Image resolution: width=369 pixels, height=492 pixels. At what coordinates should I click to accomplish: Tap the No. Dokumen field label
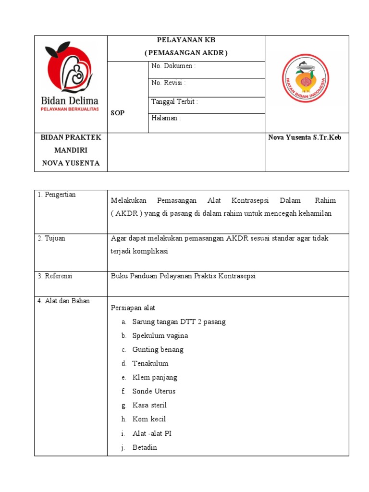pyautogui.click(x=173, y=66)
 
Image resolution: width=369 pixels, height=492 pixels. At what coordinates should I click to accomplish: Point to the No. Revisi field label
pyautogui.click(x=169, y=83)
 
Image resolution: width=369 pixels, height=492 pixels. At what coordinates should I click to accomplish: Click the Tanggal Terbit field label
pyautogui.click(x=174, y=102)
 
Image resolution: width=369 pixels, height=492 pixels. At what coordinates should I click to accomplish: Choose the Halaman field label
pyautogui.click(x=166, y=118)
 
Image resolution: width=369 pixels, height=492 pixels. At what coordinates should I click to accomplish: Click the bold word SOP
pyautogui.click(x=118, y=113)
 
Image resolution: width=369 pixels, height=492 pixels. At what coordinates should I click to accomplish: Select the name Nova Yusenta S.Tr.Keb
pyautogui.click(x=305, y=138)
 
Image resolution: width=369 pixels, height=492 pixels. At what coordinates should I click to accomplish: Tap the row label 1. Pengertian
pyautogui.click(x=57, y=195)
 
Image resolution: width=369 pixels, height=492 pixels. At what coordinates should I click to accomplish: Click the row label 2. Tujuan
pyautogui.click(x=51, y=238)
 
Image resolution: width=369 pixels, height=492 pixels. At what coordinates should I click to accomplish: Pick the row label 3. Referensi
pyautogui.click(x=55, y=276)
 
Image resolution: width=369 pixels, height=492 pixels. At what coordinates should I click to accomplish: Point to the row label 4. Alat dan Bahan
pyautogui.click(x=64, y=301)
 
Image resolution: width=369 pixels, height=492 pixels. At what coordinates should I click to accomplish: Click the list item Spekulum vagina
pyautogui.click(x=160, y=336)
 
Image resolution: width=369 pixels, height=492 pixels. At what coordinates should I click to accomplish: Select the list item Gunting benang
pyautogui.click(x=158, y=350)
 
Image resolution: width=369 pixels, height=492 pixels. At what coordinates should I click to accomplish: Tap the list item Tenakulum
pyautogui.click(x=150, y=364)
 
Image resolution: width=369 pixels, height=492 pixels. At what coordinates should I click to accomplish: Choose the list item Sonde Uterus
pyautogui.click(x=154, y=392)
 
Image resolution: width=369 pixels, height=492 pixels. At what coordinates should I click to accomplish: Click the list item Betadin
pyautogui.click(x=145, y=447)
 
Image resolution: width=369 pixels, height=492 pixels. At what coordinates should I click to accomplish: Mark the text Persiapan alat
pyautogui.click(x=133, y=308)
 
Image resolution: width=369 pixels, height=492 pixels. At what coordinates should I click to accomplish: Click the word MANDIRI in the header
pyautogui.click(x=71, y=150)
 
